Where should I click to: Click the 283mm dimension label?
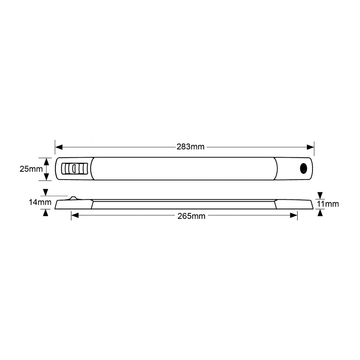point(190,147)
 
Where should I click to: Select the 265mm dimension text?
point(191,216)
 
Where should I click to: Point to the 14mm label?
point(40,202)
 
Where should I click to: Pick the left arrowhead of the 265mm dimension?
point(75,216)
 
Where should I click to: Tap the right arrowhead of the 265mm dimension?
point(294,216)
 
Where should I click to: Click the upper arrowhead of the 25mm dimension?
point(46,161)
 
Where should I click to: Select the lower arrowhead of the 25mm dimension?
point(46,176)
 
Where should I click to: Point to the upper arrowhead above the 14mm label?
point(45,192)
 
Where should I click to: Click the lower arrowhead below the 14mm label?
point(45,213)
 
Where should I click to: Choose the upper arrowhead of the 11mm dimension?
point(320,195)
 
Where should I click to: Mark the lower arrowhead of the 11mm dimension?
point(320,213)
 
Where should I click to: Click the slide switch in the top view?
point(74,168)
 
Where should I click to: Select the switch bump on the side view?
point(73,198)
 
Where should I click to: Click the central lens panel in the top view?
point(184,168)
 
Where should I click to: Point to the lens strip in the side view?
point(184,204)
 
